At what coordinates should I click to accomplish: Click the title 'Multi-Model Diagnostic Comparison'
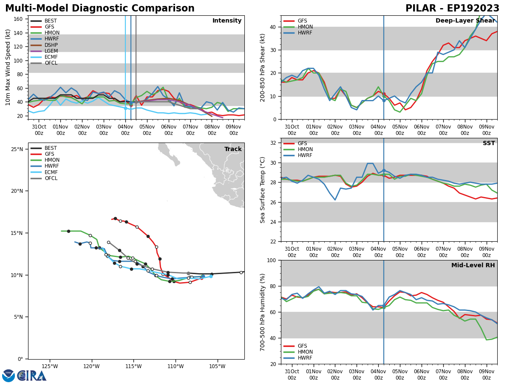tap(100, 9)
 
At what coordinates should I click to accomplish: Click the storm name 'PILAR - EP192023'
tap(452, 9)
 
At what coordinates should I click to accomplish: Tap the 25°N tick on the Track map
tap(17, 149)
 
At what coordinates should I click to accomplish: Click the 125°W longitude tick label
tap(50, 366)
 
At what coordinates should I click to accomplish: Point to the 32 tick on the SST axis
tap(274, 143)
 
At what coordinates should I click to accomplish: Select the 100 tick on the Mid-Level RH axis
tap(272, 260)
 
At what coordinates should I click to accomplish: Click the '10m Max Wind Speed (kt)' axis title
tap(8, 67)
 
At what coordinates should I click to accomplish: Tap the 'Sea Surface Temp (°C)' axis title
tap(263, 190)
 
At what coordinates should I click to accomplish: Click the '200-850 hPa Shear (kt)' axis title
tap(263, 67)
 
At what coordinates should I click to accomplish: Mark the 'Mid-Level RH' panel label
tap(473, 266)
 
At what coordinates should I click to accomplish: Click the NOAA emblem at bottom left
tap(8, 375)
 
